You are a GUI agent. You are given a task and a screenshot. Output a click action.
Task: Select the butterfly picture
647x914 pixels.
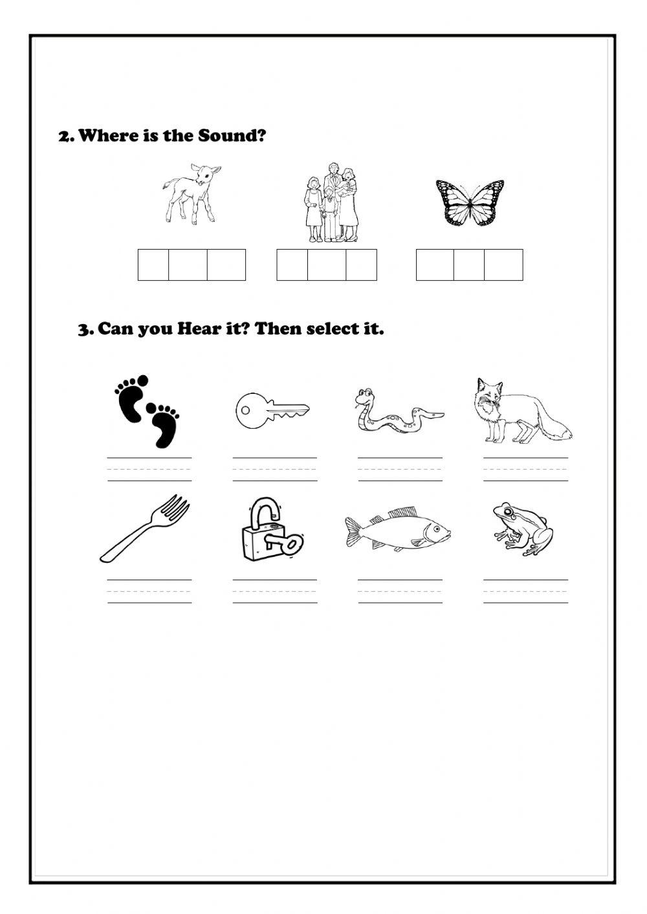(470, 202)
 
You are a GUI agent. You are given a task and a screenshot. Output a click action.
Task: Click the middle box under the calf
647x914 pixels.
(188, 265)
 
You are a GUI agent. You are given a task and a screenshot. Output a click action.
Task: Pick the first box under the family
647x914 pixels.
(292, 265)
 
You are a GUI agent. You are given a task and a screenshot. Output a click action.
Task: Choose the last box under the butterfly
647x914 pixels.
(503, 265)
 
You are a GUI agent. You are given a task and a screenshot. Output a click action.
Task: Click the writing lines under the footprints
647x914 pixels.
(149, 469)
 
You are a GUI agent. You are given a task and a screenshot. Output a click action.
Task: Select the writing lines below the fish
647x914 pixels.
(400, 591)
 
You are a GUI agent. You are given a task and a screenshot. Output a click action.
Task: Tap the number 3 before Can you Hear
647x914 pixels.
(83, 330)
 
